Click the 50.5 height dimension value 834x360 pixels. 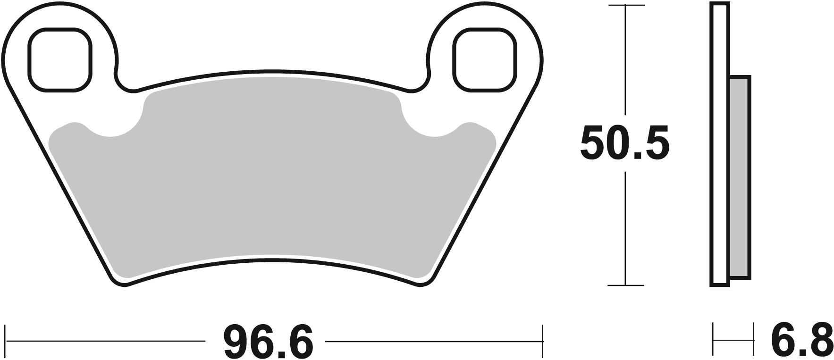624,143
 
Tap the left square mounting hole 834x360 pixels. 59,59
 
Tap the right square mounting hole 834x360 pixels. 484,59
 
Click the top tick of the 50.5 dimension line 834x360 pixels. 625,5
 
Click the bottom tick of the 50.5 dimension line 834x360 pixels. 625,285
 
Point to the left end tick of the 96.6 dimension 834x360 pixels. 5,340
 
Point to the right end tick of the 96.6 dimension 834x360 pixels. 543,340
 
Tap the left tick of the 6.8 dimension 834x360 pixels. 713,339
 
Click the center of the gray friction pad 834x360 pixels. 273,184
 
